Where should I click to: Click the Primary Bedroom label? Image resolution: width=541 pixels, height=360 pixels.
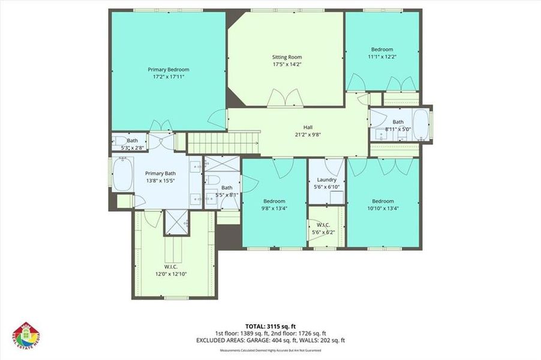(168, 70)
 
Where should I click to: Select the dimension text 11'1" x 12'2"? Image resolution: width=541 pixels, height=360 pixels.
(381, 57)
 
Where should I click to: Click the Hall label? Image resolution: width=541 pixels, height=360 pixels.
(308, 127)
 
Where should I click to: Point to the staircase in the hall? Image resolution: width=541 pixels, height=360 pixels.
(223, 143)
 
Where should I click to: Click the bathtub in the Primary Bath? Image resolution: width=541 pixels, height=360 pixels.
(123, 174)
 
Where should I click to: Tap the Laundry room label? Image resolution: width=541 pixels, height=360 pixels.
(327, 179)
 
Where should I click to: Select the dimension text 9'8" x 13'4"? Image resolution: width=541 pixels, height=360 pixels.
(274, 209)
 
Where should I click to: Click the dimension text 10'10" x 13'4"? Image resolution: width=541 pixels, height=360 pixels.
(382, 209)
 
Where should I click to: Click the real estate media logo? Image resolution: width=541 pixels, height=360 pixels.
(26, 334)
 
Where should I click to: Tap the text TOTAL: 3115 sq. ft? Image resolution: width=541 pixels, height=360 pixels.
(269, 325)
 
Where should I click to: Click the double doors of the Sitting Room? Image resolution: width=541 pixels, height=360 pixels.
(282, 98)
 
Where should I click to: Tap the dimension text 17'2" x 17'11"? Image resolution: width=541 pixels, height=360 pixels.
(168, 77)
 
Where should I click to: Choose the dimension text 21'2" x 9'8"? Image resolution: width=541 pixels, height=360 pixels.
(308, 134)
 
